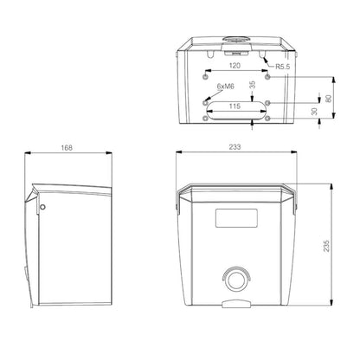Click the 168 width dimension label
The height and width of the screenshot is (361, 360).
tap(67, 148)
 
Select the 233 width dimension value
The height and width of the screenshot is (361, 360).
tap(235, 147)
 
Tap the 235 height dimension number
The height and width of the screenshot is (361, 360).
tap(326, 246)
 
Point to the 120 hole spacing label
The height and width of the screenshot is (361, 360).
tap(235, 66)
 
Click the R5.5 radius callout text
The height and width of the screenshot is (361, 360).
tap(283, 67)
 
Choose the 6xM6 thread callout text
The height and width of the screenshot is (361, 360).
tap(226, 86)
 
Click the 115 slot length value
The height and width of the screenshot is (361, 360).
tap(235, 106)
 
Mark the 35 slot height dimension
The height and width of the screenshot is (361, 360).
tap(252, 85)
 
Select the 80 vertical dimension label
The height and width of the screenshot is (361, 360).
tap(328, 99)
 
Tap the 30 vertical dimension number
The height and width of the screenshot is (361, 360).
tap(315, 112)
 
